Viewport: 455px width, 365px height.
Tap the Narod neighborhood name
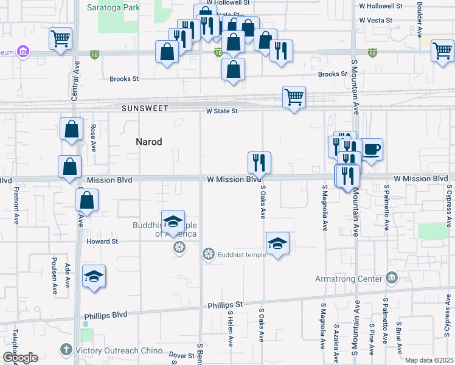(x=148, y=142)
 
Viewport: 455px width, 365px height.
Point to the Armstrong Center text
(x=349, y=279)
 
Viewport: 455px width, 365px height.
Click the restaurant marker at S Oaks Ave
(x=259, y=162)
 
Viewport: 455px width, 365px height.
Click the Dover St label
(x=181, y=355)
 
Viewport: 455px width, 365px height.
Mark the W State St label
(x=221, y=111)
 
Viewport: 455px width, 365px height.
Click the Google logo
(x=20, y=358)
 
